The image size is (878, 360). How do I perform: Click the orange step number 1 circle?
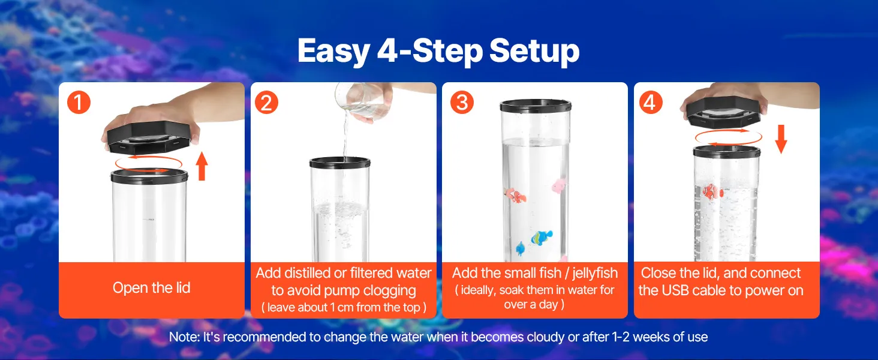click(79, 103)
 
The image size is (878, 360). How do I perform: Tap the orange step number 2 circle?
click(266, 103)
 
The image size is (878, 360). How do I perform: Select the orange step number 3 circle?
click(462, 103)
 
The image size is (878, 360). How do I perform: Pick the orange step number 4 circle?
click(651, 103)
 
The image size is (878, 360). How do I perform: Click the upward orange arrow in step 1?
click(202, 166)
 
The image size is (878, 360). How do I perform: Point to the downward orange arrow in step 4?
click(781, 139)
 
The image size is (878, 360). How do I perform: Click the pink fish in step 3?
click(560, 185)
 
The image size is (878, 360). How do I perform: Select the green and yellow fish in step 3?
click(542, 237)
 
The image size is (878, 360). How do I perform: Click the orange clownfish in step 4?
click(712, 192)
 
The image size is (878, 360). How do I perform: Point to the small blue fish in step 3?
click(520, 248)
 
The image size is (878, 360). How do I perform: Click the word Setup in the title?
click(534, 51)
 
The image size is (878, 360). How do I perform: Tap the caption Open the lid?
click(152, 288)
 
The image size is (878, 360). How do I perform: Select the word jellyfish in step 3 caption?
click(595, 274)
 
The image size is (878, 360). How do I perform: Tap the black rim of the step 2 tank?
click(340, 163)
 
